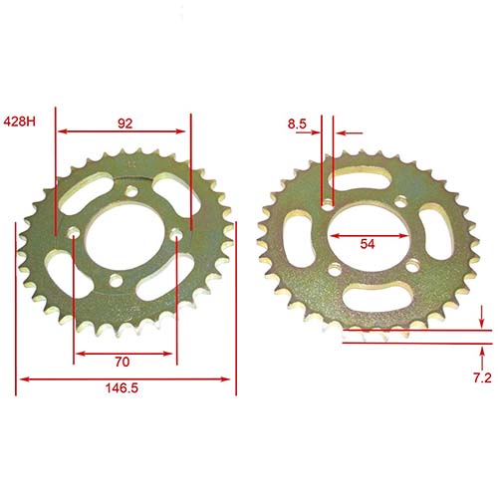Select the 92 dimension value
point(124,123)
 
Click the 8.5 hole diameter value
point(297,124)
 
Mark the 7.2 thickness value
point(481,378)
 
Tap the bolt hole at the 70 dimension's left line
point(75,236)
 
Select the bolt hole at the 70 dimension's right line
point(175,236)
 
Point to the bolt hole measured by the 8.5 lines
point(327,203)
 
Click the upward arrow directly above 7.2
point(482,352)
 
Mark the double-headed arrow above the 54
point(367,236)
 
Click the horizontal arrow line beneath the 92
point(123,131)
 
